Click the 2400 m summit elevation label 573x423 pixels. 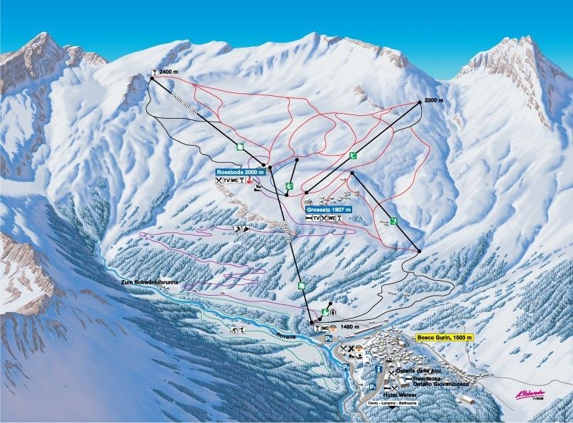click(170, 72)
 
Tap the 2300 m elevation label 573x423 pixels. click(433, 100)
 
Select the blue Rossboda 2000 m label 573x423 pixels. click(241, 172)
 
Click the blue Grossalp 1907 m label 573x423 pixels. click(329, 210)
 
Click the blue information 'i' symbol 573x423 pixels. click(379, 371)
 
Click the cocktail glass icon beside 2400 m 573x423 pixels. click(154, 72)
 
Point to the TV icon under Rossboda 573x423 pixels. click(227, 181)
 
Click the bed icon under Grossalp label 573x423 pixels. click(308, 218)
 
